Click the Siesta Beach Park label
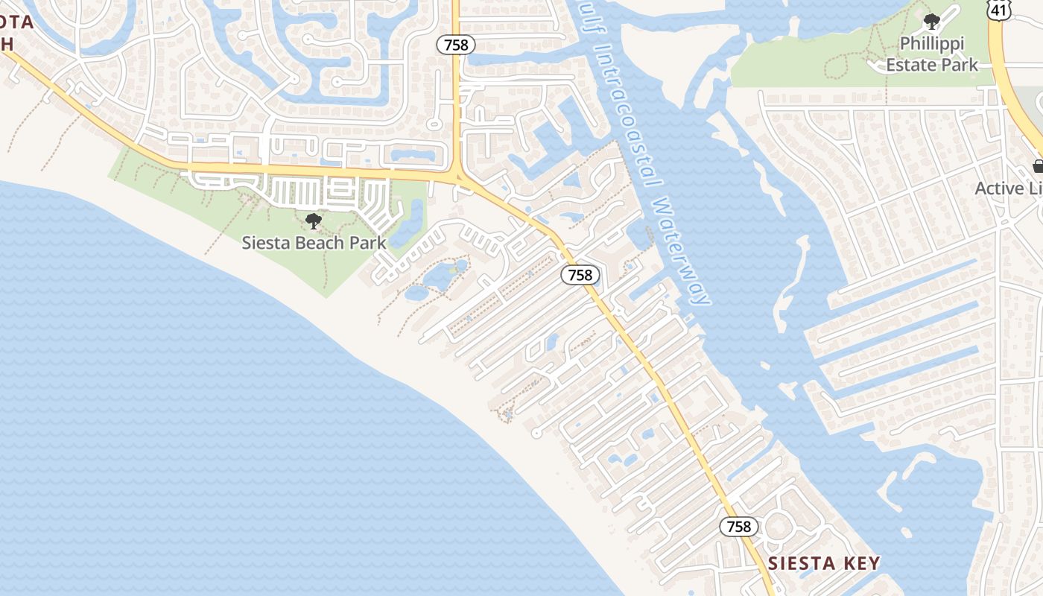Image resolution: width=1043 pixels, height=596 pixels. pos(314,243)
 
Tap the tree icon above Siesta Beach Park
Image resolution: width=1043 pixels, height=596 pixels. pos(314,221)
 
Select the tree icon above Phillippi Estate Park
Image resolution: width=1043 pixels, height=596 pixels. pos(931,22)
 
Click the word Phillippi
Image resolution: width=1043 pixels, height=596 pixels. pos(931,44)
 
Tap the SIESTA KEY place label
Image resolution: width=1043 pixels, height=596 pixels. pos(824,563)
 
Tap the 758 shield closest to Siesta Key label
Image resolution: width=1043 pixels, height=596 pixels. pos(739,527)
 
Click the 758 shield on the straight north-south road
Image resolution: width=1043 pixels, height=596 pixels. pos(455,45)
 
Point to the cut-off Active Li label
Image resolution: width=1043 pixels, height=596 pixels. pos(1009,188)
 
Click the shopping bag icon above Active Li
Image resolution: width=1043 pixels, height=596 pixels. pos(1038,166)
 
